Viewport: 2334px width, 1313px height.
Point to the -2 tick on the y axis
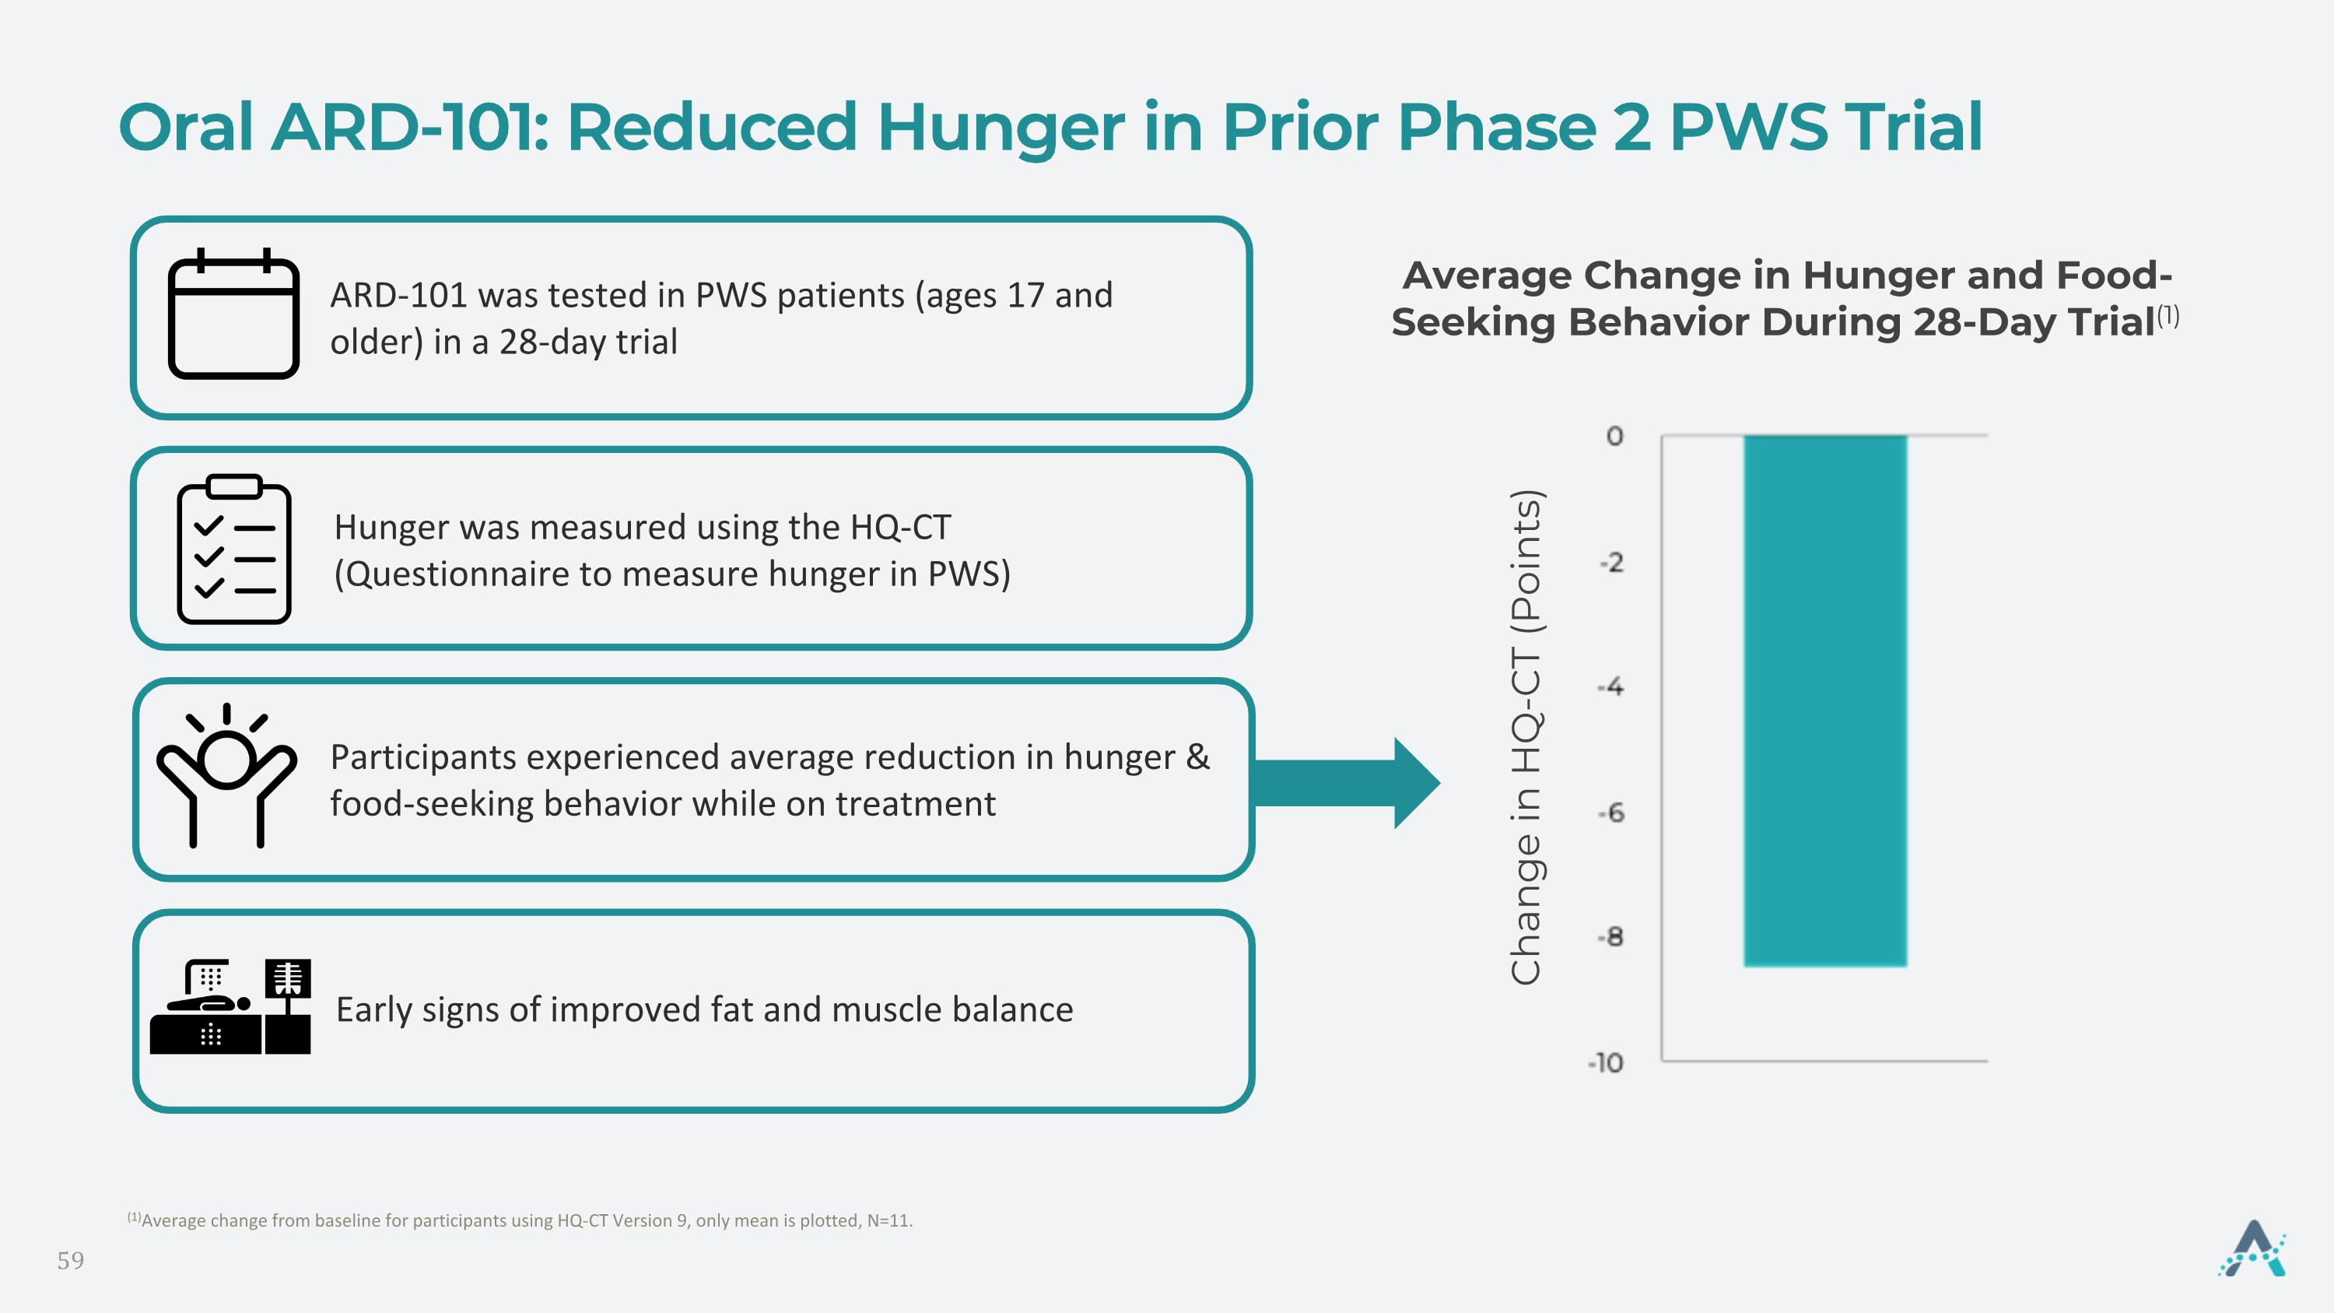click(x=1612, y=563)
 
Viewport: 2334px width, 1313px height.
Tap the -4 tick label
click(x=1611, y=688)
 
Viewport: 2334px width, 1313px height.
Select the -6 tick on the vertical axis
click(x=1611, y=813)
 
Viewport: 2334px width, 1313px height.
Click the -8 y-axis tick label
click(x=1611, y=937)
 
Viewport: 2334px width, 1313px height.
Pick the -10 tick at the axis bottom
click(x=1607, y=1063)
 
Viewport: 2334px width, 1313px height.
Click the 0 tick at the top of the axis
click(x=1614, y=437)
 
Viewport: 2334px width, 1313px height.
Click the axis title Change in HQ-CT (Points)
click(x=1526, y=737)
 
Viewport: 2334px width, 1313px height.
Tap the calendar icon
click(x=233, y=314)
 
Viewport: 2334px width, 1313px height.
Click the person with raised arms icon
click(x=226, y=776)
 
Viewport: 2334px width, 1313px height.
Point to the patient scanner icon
click(x=230, y=1006)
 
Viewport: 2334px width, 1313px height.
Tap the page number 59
click(x=71, y=1260)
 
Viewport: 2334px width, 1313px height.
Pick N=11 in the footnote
click(x=888, y=1220)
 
